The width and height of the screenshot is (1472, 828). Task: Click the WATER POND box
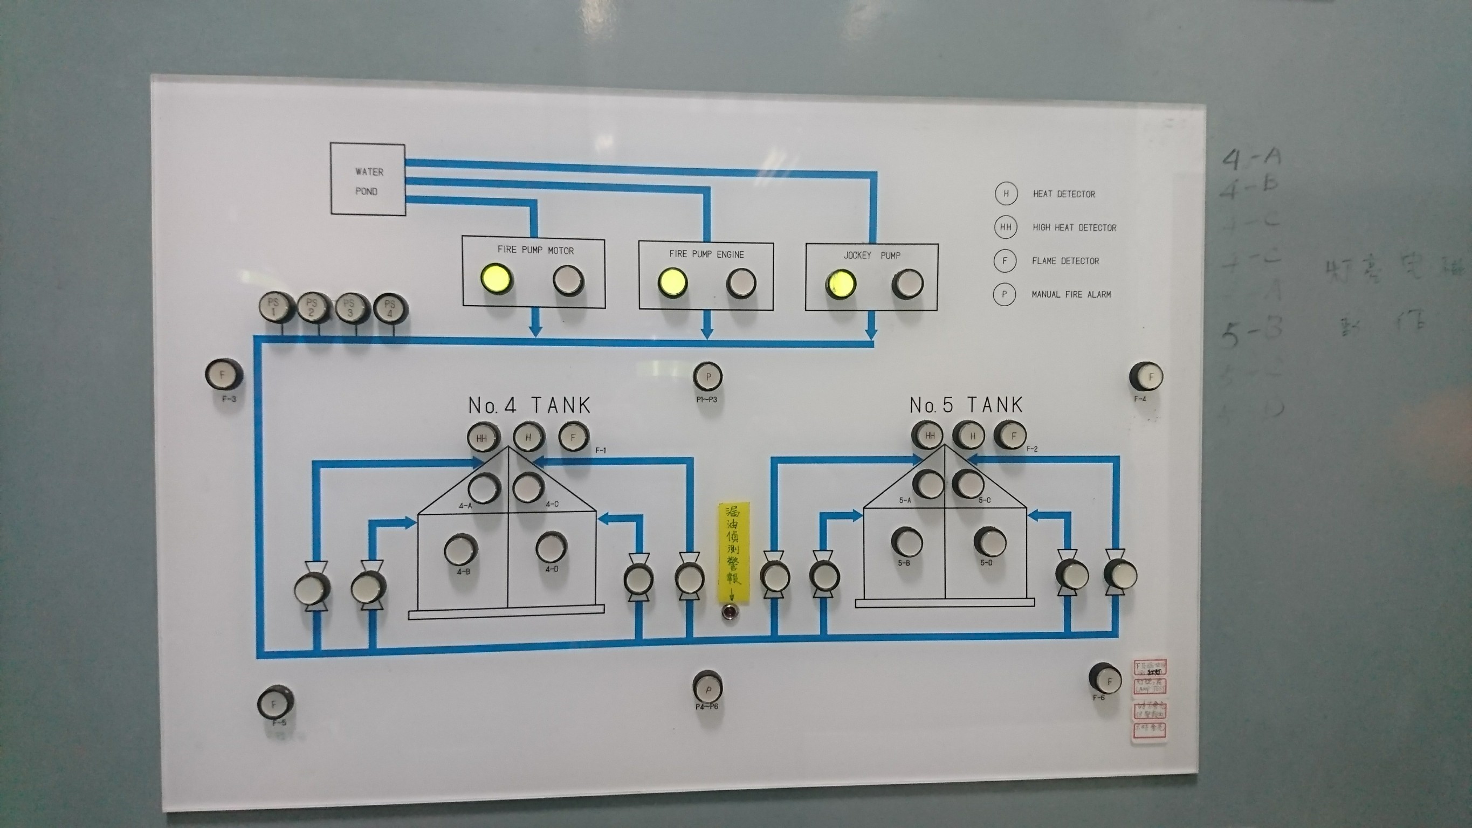(368, 180)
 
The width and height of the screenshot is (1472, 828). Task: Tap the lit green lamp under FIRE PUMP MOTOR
(496, 278)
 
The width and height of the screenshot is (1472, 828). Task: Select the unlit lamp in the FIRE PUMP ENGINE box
(741, 282)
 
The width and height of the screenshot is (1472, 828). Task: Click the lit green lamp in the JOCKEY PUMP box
(840, 284)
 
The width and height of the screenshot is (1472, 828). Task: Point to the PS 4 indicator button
(390, 308)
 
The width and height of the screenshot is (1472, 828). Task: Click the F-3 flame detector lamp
(223, 375)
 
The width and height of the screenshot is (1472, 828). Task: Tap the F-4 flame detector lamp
(1146, 377)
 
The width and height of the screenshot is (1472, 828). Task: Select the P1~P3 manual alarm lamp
(707, 377)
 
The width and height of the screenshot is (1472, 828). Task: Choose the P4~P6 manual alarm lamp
(707, 687)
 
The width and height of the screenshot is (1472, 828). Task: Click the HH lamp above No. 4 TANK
(483, 438)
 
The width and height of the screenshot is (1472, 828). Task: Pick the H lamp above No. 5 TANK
(969, 436)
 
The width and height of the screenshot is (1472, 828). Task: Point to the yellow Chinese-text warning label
(733, 551)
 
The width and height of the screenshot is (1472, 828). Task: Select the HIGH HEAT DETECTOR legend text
(1074, 227)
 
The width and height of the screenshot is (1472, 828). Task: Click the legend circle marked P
(1004, 294)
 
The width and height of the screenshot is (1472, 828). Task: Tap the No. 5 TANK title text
(966, 405)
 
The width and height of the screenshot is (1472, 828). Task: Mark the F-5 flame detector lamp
(274, 705)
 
